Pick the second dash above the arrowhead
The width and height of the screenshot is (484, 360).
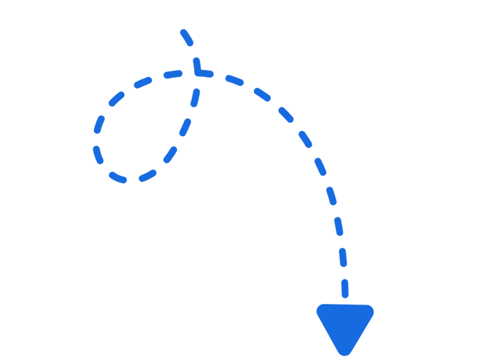coord(343,257)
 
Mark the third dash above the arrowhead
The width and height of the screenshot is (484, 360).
coord(339,226)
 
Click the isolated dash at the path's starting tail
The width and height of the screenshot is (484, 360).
coord(187,37)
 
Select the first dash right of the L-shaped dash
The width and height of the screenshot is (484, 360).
coord(234,81)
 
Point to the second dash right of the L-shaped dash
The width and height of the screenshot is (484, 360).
coord(263,95)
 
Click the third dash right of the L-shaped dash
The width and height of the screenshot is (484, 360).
coord(286,115)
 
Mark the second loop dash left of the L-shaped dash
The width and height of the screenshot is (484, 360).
coord(143,83)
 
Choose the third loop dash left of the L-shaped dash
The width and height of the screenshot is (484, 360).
coord(117,98)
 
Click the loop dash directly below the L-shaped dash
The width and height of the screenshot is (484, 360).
coord(195,98)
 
